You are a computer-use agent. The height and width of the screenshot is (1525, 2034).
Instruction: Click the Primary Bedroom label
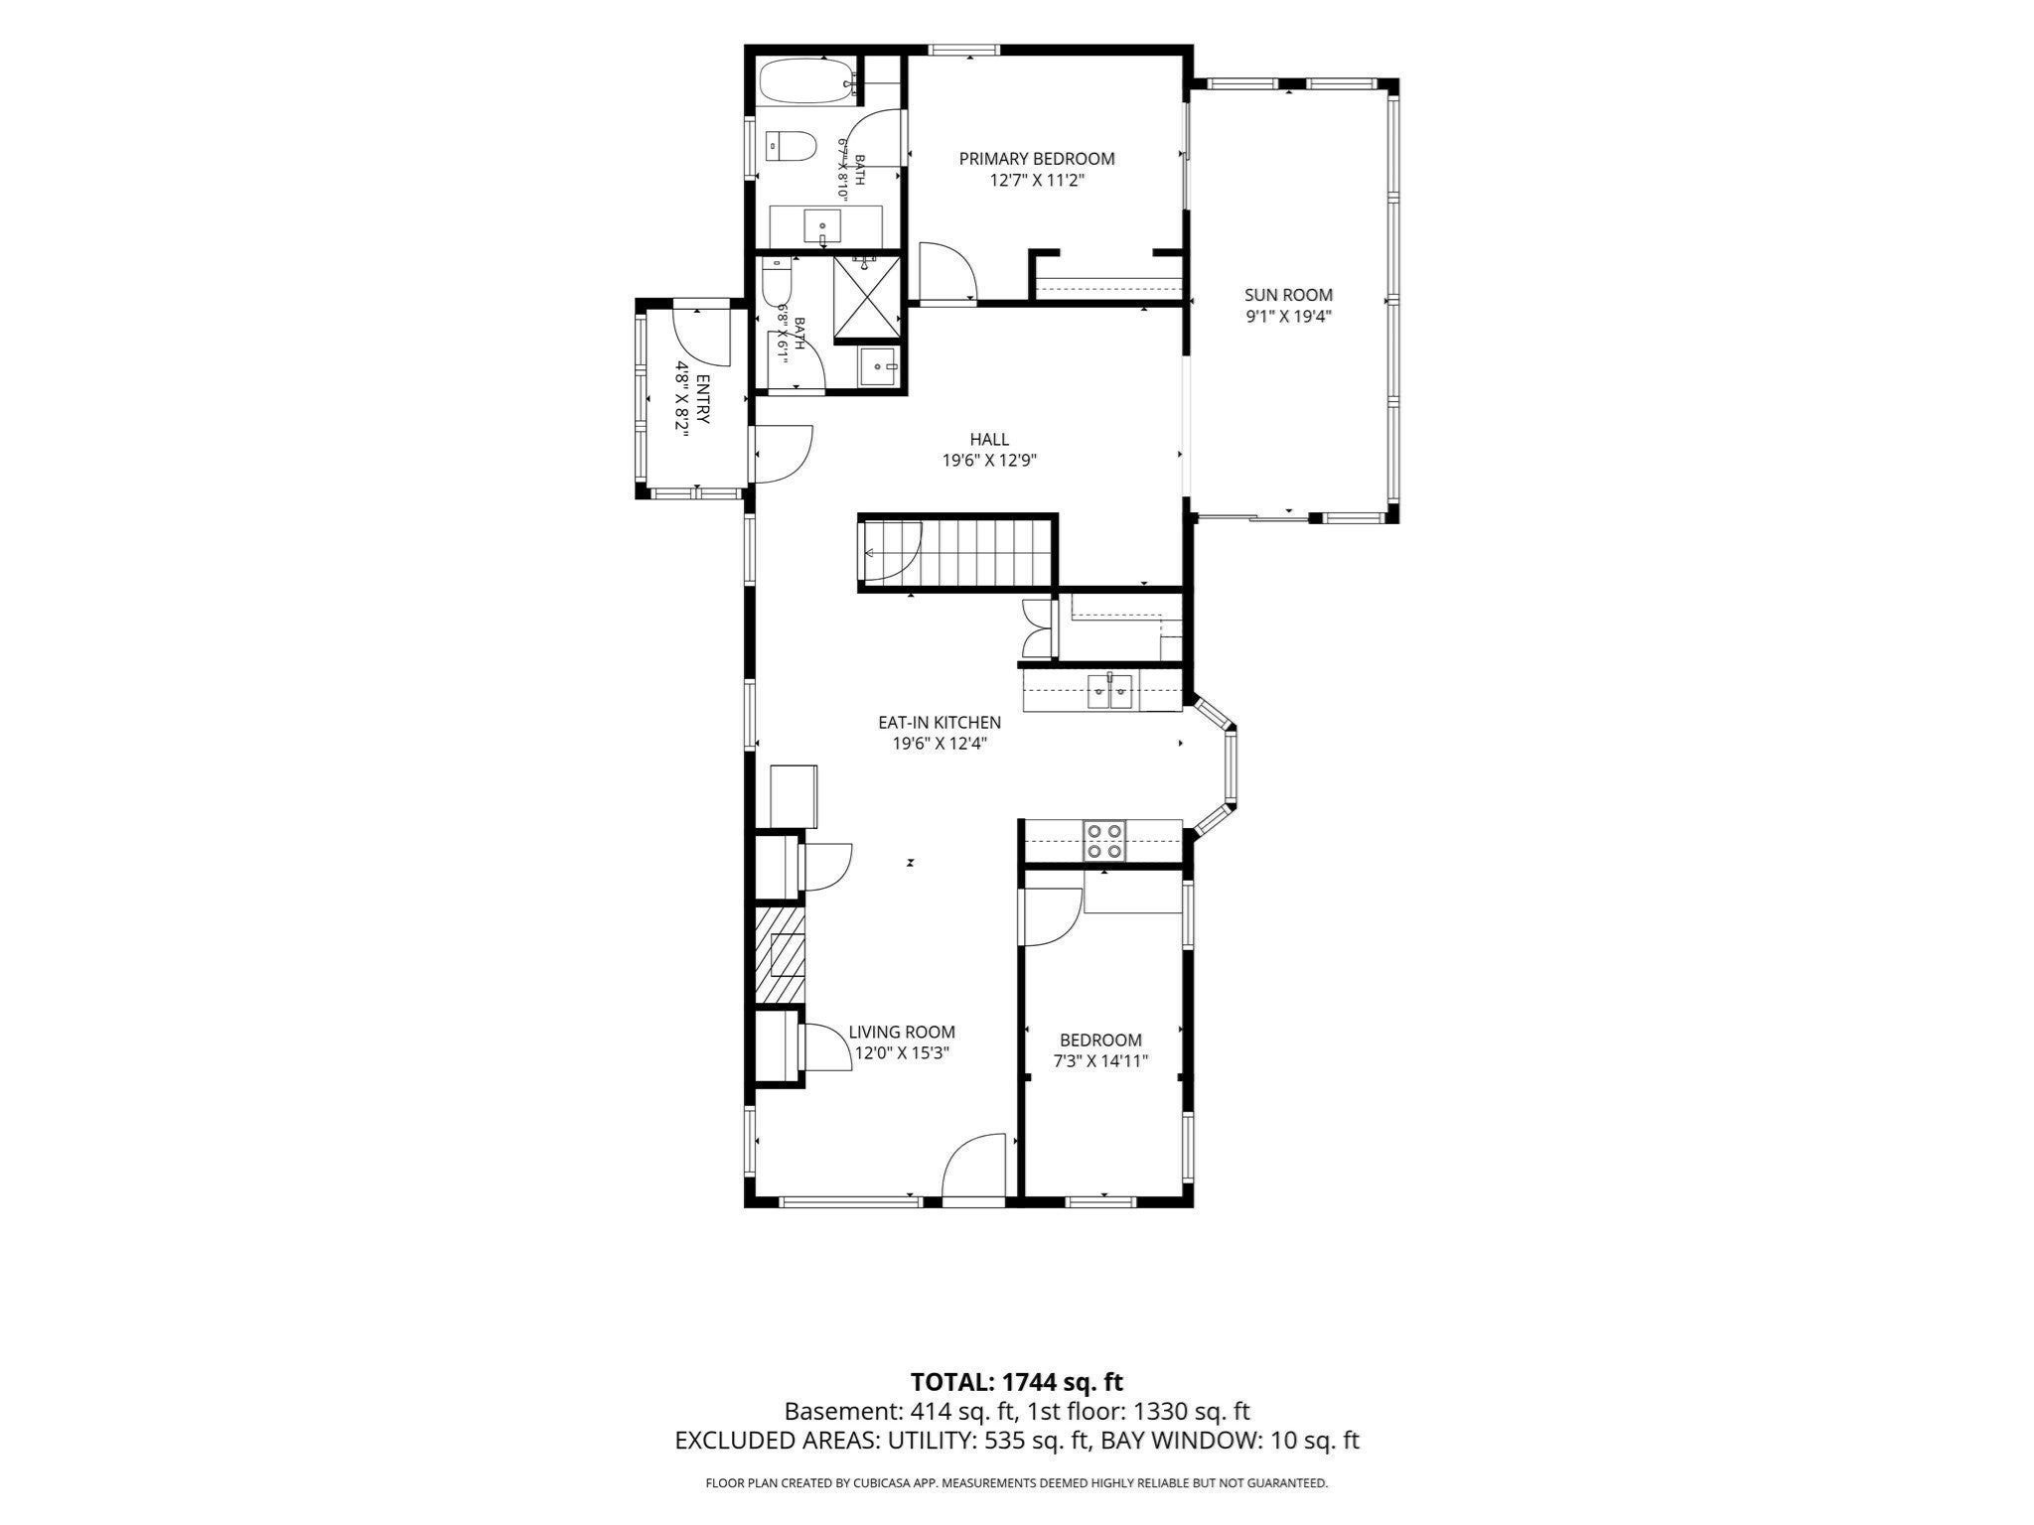click(1036, 158)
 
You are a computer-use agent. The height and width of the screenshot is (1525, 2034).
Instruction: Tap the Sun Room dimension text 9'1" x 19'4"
click(1288, 317)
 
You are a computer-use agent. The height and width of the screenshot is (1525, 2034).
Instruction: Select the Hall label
click(989, 439)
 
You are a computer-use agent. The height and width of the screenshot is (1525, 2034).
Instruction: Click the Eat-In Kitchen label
click(939, 723)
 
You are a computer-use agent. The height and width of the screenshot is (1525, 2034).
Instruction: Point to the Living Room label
click(902, 1033)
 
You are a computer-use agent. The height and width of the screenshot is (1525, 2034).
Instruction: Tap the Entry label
click(703, 400)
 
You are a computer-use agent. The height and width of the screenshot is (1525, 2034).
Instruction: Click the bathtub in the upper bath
click(805, 81)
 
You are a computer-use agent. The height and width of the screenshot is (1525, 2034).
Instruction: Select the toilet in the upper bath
click(791, 147)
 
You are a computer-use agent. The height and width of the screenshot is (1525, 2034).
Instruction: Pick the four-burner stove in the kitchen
click(1104, 840)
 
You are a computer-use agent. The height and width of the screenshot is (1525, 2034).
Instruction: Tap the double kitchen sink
click(1110, 691)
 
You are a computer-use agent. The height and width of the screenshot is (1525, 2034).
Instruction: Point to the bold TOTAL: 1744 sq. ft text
click(1017, 1381)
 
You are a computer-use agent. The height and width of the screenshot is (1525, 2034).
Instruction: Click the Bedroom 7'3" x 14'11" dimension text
click(1100, 1060)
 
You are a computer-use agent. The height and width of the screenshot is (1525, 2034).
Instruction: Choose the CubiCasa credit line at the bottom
click(1017, 1483)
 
